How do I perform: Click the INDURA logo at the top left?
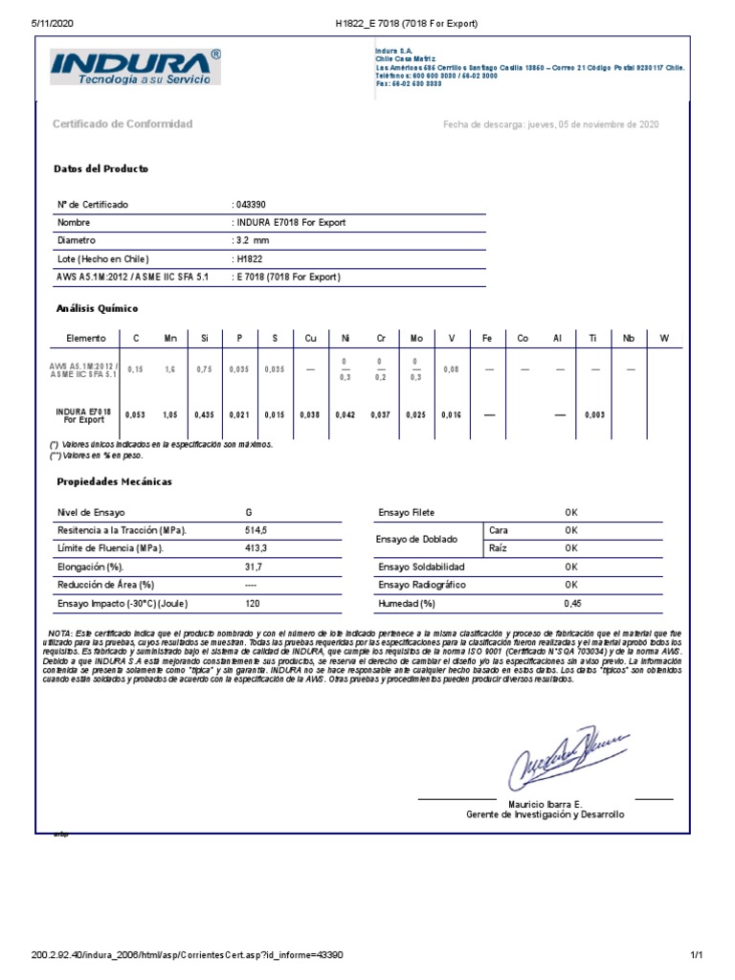click(x=134, y=69)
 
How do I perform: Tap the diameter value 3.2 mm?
click(x=252, y=240)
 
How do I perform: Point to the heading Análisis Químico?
click(x=97, y=309)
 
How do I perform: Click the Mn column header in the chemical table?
click(x=170, y=339)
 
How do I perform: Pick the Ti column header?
click(x=592, y=339)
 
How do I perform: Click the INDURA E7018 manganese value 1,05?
click(x=170, y=414)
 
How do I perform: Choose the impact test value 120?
click(x=252, y=604)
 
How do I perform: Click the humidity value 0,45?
click(x=572, y=604)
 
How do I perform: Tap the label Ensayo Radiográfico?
click(x=425, y=585)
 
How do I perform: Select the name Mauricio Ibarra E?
click(x=545, y=803)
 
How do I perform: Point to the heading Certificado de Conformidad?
click(x=122, y=124)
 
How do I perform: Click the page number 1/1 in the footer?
click(x=696, y=955)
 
